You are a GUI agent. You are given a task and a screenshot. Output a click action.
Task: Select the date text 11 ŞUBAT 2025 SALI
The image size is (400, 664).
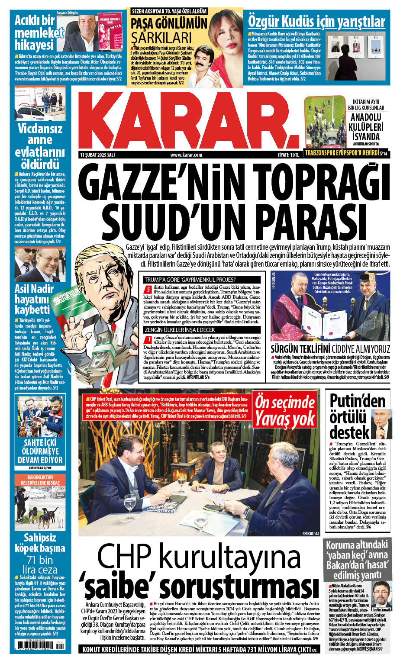[x=97, y=155]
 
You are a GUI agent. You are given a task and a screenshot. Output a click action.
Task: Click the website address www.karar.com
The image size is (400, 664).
[x=186, y=155]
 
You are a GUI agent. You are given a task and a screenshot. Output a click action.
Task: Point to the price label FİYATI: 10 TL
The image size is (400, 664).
[x=288, y=155]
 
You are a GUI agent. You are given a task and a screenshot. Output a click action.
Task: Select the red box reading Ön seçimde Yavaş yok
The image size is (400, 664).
[x=285, y=411]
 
